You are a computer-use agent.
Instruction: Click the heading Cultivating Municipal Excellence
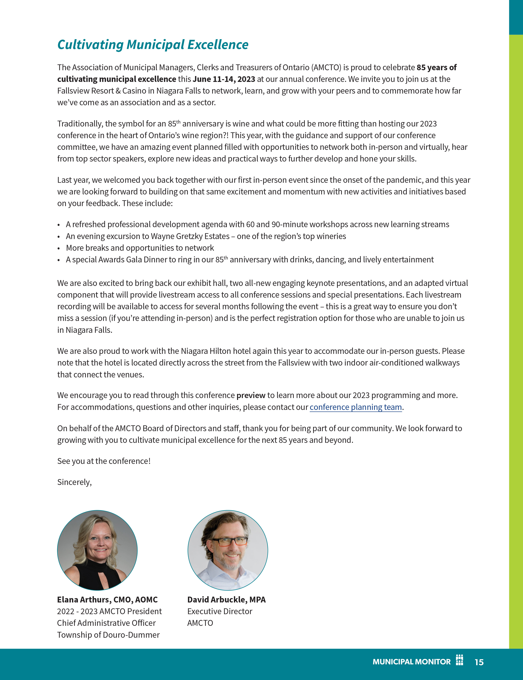(153, 45)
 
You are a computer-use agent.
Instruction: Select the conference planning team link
(356, 407)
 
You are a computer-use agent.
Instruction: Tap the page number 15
(479, 662)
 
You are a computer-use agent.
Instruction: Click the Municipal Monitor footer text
(411, 662)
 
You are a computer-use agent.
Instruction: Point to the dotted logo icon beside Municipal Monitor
(459, 660)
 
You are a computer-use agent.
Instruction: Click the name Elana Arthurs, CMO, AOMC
(107, 600)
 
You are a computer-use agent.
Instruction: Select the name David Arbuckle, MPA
(226, 600)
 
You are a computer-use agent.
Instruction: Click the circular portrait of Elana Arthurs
(97, 550)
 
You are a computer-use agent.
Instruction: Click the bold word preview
(251, 395)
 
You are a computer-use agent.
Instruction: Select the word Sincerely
(74, 482)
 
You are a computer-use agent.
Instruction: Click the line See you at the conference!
(104, 461)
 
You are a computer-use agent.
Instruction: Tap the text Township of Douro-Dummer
(108, 635)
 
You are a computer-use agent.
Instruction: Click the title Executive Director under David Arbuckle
(220, 611)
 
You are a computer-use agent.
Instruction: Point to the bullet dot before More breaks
(59, 248)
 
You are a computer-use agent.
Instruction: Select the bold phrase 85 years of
(437, 68)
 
